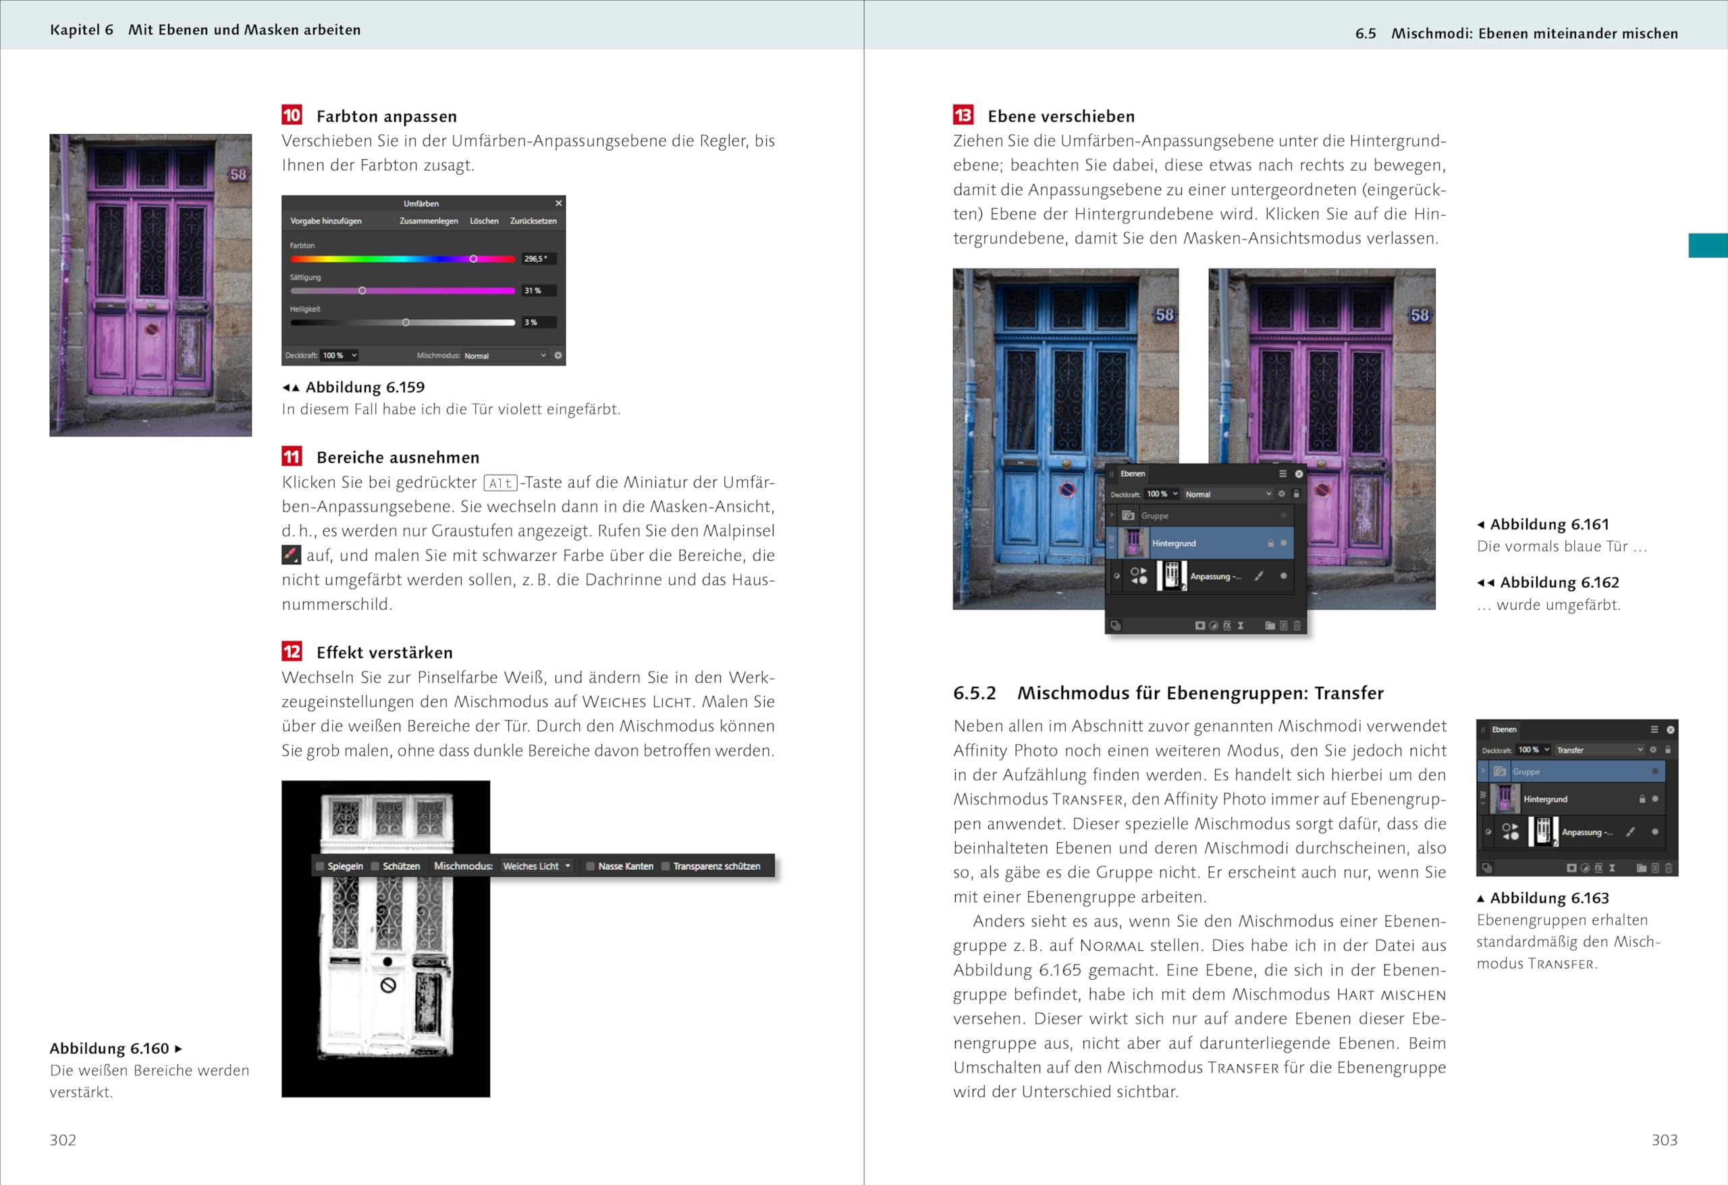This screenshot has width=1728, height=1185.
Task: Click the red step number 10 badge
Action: tap(292, 115)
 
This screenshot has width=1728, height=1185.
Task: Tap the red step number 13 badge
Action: tap(963, 115)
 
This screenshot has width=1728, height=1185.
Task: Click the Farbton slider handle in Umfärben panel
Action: tap(473, 258)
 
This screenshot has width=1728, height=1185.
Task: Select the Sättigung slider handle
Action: tap(362, 291)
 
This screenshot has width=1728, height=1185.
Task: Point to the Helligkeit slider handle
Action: tap(405, 323)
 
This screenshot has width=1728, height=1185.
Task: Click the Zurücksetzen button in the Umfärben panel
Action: tap(533, 221)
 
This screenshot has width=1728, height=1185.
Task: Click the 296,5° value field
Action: tap(537, 258)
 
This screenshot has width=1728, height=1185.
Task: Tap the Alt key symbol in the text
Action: tap(500, 483)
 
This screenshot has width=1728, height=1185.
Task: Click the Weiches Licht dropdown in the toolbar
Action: tap(536, 866)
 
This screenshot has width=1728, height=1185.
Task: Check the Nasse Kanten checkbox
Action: tap(591, 866)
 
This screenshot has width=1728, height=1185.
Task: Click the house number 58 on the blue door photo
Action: tap(1164, 314)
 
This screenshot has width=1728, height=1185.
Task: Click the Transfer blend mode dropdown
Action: tap(1598, 750)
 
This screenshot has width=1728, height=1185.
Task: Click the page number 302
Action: tap(63, 1140)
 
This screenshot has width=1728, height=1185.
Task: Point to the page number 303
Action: tap(1664, 1140)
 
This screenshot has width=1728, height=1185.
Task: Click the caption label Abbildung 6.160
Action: tap(109, 1048)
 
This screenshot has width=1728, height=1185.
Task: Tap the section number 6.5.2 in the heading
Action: tap(974, 693)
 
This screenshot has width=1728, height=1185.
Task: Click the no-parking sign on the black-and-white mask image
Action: tap(388, 986)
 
